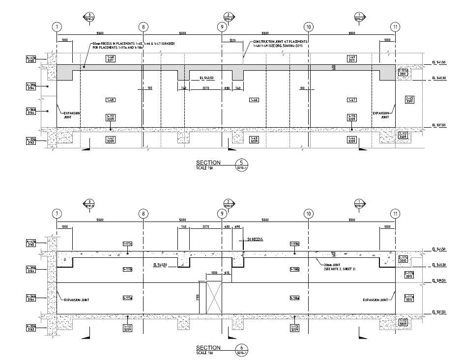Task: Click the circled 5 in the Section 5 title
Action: pyautogui.click(x=241, y=163)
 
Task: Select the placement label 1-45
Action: pyautogui.click(x=111, y=100)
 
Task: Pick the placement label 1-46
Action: pyautogui.click(x=254, y=100)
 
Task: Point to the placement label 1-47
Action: pyautogui.click(x=352, y=100)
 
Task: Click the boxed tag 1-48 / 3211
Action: pyautogui.click(x=111, y=59)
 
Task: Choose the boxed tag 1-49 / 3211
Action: pyautogui.click(x=352, y=59)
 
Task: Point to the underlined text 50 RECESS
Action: pyautogui.click(x=255, y=239)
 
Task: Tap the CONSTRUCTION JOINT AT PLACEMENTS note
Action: pyautogui.click(x=280, y=42)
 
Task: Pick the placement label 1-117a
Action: pyautogui.click(x=127, y=298)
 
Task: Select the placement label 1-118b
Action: pyautogui.click(x=295, y=269)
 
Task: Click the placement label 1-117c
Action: pyautogui.click(x=127, y=244)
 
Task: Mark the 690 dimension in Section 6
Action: pyautogui.click(x=237, y=227)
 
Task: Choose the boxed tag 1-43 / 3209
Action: pyautogui.click(x=255, y=139)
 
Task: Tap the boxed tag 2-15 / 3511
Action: pyautogui.click(x=409, y=100)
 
